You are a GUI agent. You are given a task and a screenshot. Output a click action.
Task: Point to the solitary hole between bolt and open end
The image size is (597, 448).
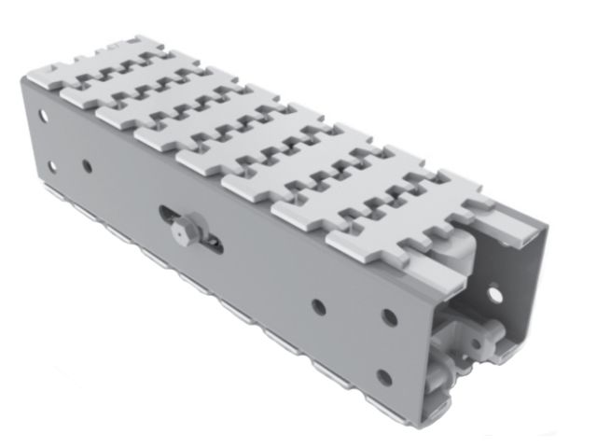[x=319, y=305]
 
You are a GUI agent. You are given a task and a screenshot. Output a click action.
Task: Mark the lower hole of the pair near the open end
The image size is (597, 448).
[x=383, y=378]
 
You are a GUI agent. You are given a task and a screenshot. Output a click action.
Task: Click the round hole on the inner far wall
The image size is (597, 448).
[x=493, y=296]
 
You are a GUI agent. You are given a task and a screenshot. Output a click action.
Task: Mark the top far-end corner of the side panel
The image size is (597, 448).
[x=22, y=78]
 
